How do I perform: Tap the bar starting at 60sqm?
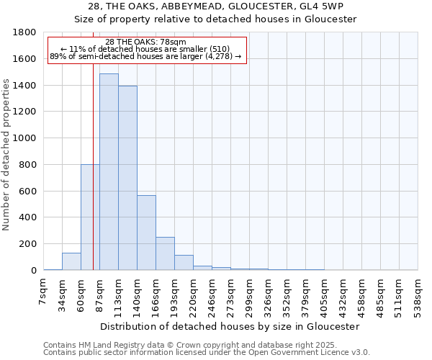coord(90,217)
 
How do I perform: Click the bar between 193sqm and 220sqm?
coord(184,263)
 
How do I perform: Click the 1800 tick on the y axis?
coord(25,33)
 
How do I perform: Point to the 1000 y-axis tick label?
coord(25,138)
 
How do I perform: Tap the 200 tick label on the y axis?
coord(29,244)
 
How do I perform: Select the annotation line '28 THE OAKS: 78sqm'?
coord(145,42)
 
